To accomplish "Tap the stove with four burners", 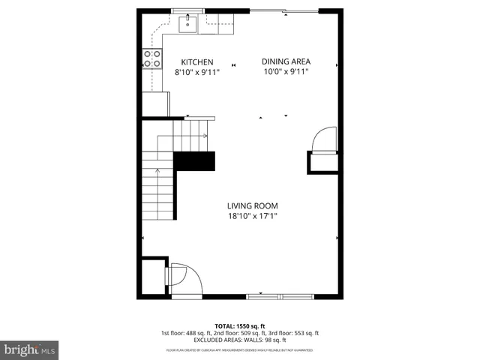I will [x=152, y=59].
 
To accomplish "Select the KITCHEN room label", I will [x=197, y=62].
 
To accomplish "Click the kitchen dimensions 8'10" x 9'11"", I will [x=197, y=73].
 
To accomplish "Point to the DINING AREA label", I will [x=286, y=61].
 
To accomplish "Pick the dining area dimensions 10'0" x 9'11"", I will [x=286, y=72].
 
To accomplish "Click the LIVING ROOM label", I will [x=253, y=206].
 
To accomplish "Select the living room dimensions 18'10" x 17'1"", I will [x=253, y=217].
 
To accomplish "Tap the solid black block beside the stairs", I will [x=194, y=161].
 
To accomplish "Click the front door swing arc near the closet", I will [x=184, y=277].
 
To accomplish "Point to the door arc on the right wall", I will [x=324, y=140].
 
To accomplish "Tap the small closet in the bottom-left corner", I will [x=154, y=275].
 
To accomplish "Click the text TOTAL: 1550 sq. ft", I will [x=239, y=326].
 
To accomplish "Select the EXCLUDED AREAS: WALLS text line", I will [x=239, y=340].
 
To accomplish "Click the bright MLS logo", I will [x=29, y=349].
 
